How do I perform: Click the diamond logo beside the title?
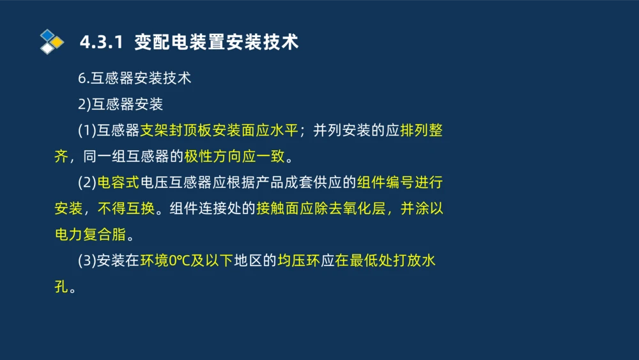51,42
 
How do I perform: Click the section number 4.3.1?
100,42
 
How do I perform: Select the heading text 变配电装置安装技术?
217,42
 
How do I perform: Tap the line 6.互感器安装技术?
134,79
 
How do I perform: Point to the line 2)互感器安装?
120,104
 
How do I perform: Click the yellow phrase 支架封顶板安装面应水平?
219,130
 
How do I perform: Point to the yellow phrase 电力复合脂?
90,235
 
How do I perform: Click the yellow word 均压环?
298,261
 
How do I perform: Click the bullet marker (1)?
86,130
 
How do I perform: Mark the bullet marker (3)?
86,261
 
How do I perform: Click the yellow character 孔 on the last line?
61,286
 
